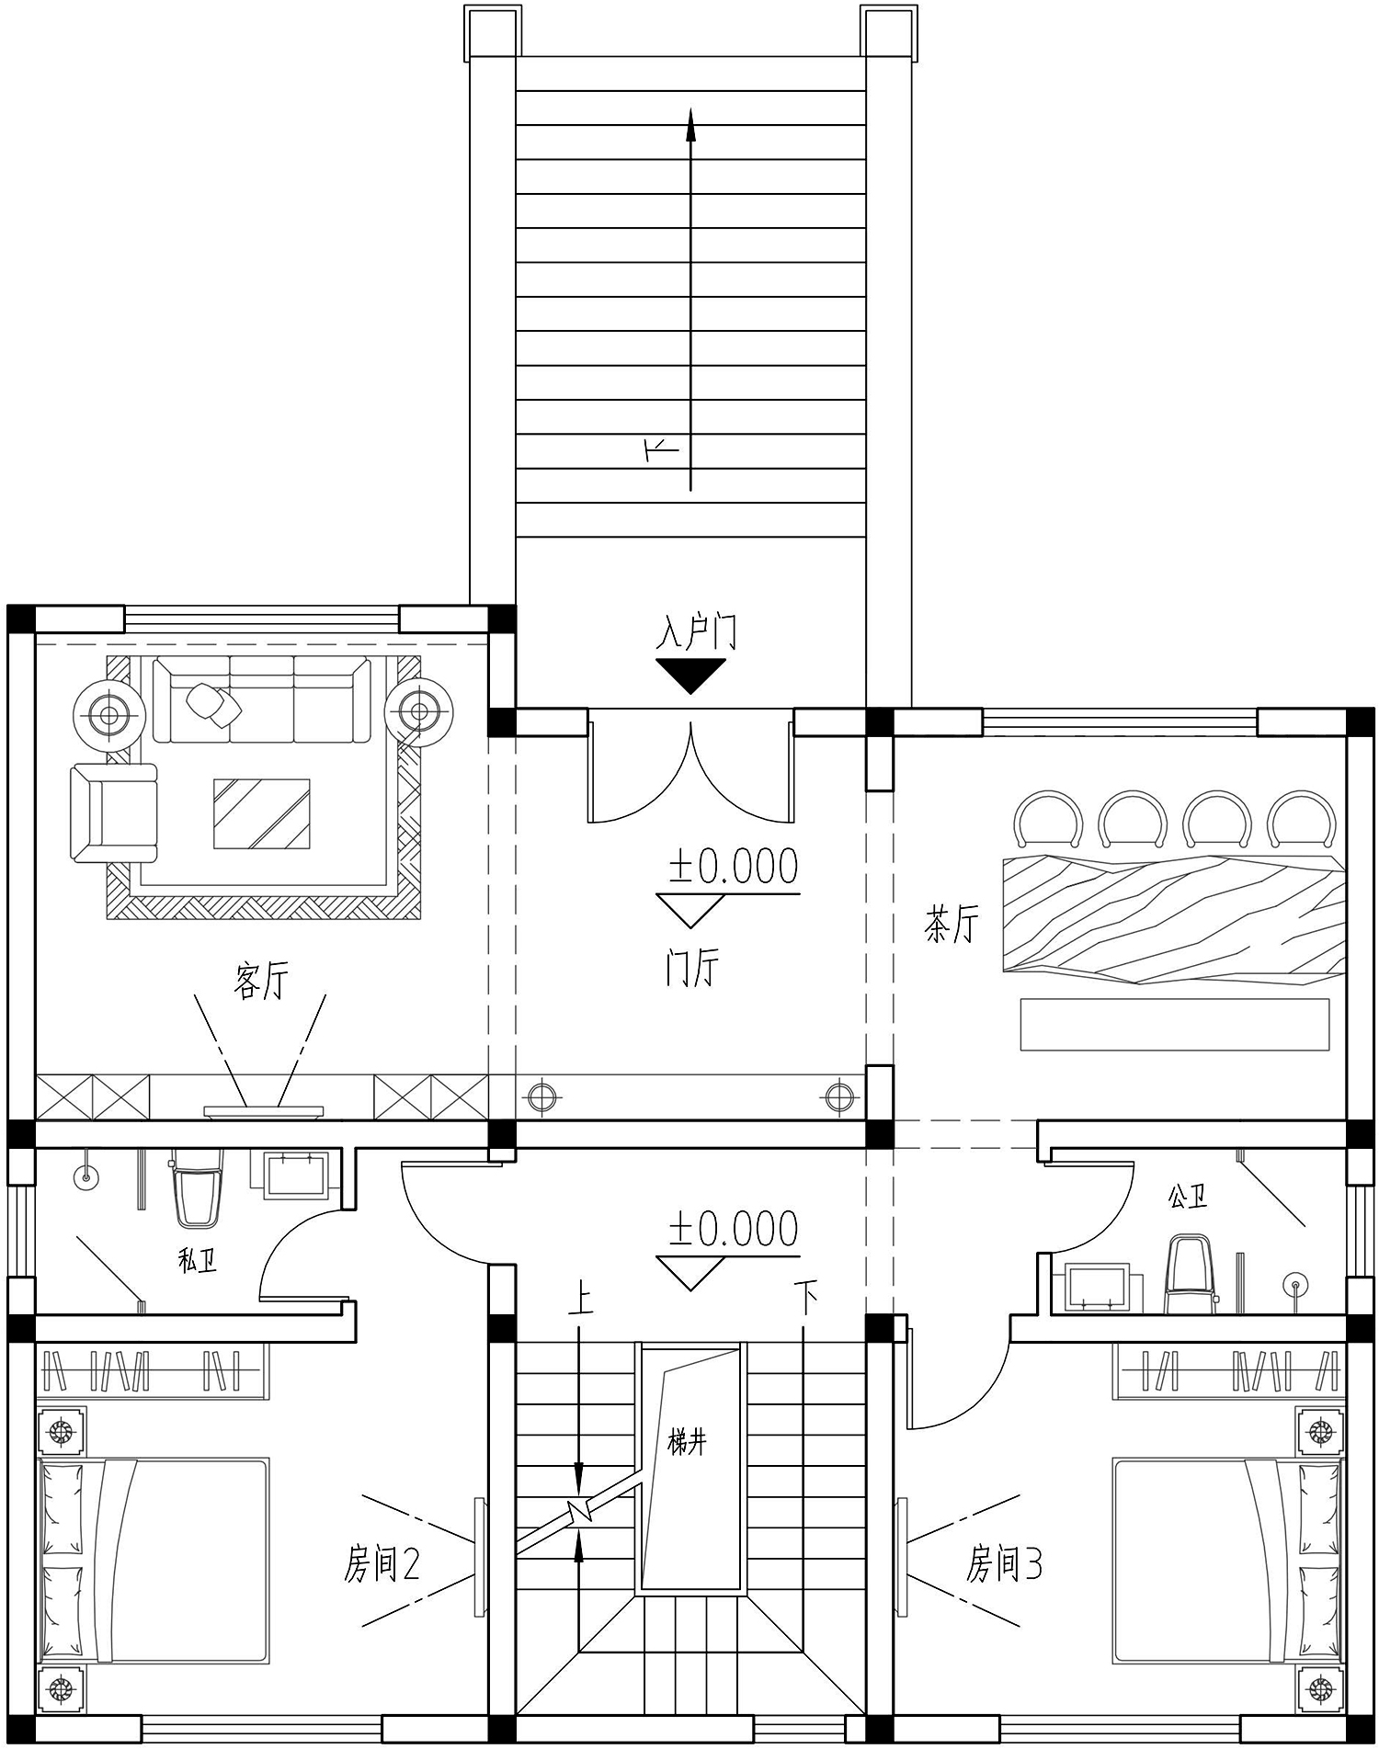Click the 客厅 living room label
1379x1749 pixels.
(262, 981)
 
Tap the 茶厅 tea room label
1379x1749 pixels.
(952, 924)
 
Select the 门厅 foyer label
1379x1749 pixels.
(692, 967)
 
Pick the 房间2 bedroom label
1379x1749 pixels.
(382, 1562)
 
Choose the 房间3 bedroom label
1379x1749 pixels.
(1004, 1562)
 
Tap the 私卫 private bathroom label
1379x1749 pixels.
(198, 1260)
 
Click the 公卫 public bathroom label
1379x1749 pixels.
(1187, 1197)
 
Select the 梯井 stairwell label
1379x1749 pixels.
(688, 1443)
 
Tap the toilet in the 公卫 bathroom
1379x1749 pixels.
(1191, 1275)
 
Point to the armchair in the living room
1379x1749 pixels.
(114, 813)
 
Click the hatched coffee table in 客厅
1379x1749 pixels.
(262, 813)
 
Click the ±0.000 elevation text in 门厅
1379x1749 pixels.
(734, 866)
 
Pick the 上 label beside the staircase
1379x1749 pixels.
(580, 1300)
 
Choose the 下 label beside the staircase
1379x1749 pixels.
(806, 1300)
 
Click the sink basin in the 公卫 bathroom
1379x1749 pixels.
(1097, 1288)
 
